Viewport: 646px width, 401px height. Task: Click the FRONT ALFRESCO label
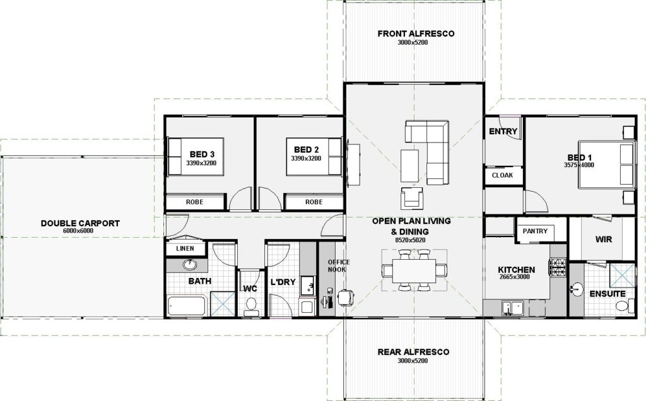[416, 34]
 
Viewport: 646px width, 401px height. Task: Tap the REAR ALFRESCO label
[413, 352]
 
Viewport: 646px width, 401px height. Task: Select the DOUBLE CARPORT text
[80, 223]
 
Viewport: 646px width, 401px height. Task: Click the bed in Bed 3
[196, 156]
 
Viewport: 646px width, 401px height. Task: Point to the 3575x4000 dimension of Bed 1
[579, 165]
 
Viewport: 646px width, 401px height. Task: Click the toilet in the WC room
[250, 306]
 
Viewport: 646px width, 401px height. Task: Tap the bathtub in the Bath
[187, 306]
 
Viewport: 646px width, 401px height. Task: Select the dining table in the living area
[414, 270]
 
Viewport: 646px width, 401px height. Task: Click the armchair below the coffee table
[411, 197]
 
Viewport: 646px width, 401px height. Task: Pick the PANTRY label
[535, 231]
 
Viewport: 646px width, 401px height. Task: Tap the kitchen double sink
[512, 308]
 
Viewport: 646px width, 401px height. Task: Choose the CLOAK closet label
[503, 175]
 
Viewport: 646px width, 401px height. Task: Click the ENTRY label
[503, 131]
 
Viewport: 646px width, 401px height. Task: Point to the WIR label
[604, 239]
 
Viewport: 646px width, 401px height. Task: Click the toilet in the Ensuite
[625, 306]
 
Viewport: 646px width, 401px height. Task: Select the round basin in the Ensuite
[577, 289]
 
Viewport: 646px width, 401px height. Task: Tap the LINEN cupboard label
[185, 248]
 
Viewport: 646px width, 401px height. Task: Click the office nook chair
[346, 297]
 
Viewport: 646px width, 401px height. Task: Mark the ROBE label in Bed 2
[314, 202]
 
